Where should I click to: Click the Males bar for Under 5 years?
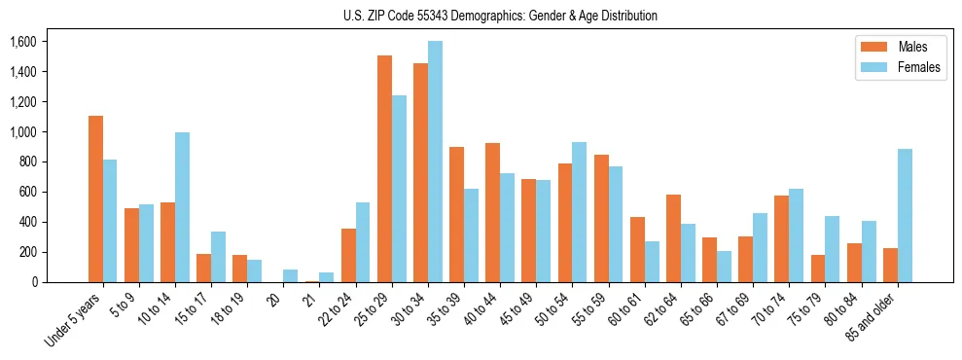95,198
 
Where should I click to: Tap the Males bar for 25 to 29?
384,168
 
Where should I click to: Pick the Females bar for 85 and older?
905,215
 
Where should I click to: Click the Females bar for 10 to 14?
182,207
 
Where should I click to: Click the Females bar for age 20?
290,275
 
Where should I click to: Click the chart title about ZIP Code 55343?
500,16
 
